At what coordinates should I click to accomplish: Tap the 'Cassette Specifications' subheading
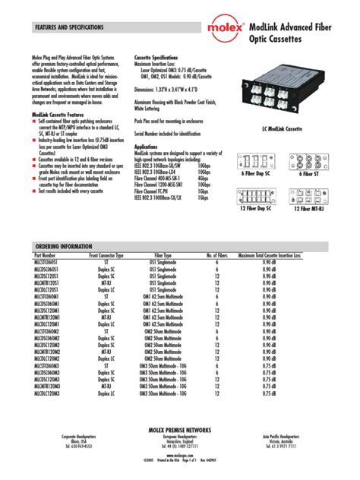156,57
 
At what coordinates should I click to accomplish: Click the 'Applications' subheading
147,146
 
